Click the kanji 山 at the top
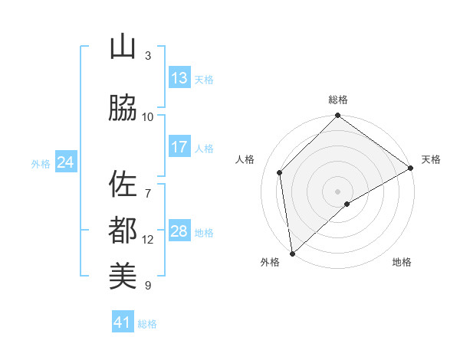coord(123,47)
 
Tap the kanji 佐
coord(123,184)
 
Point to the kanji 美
coord(123,274)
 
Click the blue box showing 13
coord(179,78)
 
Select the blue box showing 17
coord(179,147)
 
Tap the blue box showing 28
coord(179,231)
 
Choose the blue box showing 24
coord(65,162)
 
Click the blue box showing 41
coord(123,322)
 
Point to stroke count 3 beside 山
coord(148,55)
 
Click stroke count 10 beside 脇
coord(148,116)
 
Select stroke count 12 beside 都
coord(148,240)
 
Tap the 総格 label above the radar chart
coord(338,100)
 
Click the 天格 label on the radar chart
coord(431,159)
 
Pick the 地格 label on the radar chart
coord(402,262)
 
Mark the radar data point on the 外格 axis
coord(292,253)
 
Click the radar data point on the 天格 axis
coord(411,168)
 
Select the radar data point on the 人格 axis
coord(280,172)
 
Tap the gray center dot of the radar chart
coord(337,191)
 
